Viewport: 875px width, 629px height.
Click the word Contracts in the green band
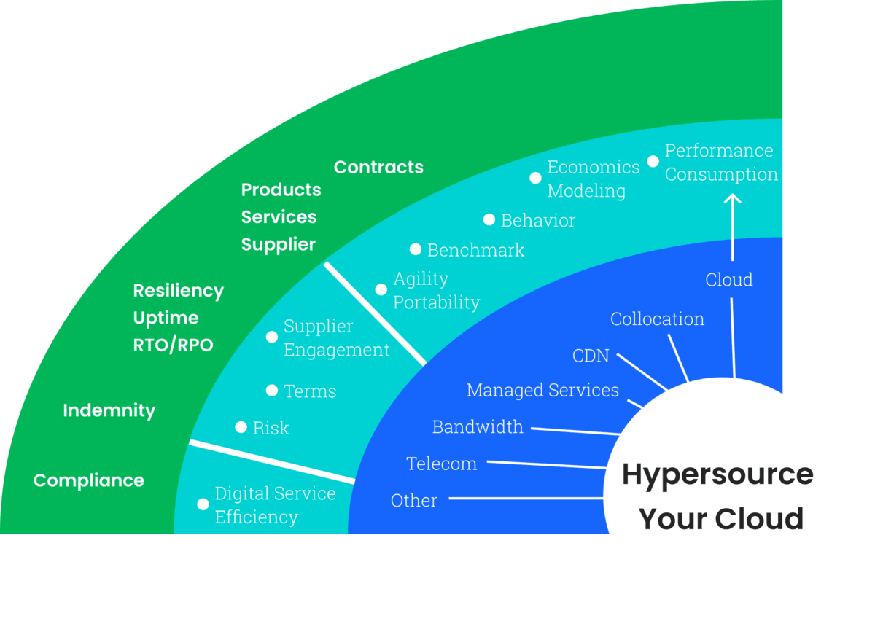(378, 168)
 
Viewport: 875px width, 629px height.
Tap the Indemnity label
(109, 410)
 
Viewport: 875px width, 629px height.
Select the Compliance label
(89, 481)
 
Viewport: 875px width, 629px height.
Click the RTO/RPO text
(173, 345)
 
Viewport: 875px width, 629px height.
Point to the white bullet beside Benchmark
(416, 249)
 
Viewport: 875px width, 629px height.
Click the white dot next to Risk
(241, 427)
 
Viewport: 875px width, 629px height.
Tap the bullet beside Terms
(272, 391)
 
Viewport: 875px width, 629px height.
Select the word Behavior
(538, 220)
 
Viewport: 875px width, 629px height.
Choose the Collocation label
(657, 319)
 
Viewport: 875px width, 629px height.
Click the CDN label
(591, 356)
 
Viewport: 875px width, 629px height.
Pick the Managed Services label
(542, 391)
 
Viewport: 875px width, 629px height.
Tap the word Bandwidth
(478, 427)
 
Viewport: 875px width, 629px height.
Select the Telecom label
(441, 464)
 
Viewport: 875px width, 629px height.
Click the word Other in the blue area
(413, 501)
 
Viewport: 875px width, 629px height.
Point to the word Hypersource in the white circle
(717, 474)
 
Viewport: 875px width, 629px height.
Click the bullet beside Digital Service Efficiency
(203, 504)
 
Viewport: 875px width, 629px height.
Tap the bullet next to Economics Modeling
(535, 178)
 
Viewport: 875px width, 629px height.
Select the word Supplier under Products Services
(278, 245)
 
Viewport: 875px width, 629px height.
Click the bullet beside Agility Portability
(381, 289)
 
